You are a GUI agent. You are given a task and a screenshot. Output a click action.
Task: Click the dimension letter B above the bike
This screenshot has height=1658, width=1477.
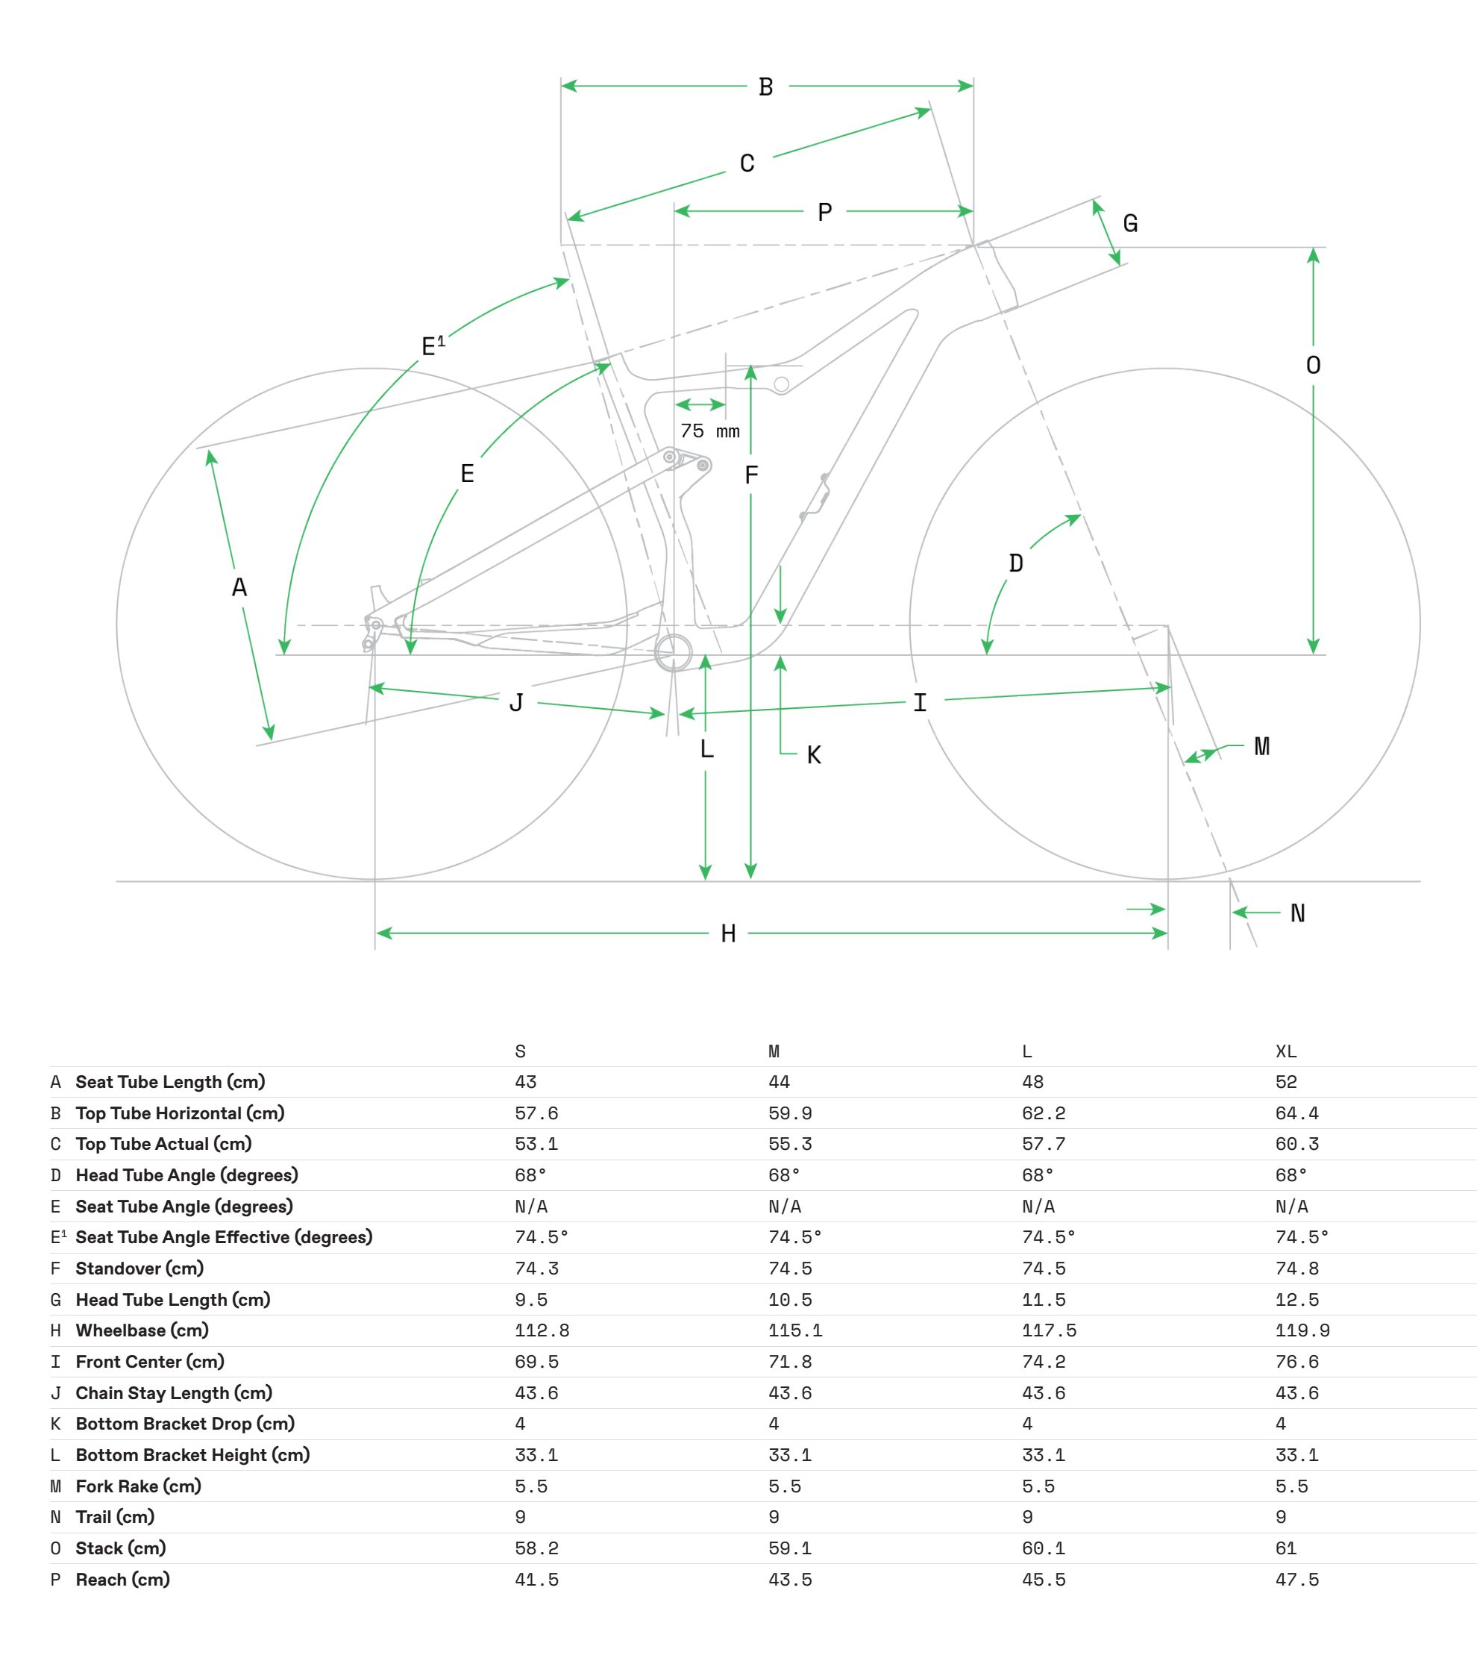coord(765,87)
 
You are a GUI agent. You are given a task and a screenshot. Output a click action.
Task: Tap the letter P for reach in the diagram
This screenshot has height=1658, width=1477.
coord(824,213)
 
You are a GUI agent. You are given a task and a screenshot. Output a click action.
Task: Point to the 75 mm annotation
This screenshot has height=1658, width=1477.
coord(710,431)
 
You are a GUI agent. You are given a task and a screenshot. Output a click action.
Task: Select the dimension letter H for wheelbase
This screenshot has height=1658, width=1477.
coord(729,934)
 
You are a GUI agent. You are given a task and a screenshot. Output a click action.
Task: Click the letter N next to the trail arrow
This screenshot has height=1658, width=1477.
coord(1298,914)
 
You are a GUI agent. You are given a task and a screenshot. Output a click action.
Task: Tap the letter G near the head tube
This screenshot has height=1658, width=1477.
coord(1130,223)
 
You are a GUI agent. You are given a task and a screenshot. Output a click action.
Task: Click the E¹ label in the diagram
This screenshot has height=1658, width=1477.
coord(433,345)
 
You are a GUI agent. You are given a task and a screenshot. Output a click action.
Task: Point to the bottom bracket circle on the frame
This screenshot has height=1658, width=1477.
coord(674,652)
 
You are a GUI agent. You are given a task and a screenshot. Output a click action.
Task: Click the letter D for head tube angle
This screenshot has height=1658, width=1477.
coord(1016,563)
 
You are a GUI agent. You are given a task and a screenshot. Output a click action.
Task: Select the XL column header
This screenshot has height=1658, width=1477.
coord(1285,1052)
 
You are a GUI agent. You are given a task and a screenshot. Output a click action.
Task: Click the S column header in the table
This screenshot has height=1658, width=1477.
coord(520,1052)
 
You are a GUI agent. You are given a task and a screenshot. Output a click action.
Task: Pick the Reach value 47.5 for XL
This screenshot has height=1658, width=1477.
coord(1296,1580)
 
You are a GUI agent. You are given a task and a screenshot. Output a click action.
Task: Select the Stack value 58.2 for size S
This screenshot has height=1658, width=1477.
coord(536,1549)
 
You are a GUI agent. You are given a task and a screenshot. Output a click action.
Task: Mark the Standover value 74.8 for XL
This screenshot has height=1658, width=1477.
coord(1296,1269)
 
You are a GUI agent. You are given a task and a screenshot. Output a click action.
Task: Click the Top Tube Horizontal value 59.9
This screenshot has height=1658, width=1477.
coord(790,1113)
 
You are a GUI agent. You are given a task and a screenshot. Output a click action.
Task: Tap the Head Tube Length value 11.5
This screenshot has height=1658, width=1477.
coord(1044,1300)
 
